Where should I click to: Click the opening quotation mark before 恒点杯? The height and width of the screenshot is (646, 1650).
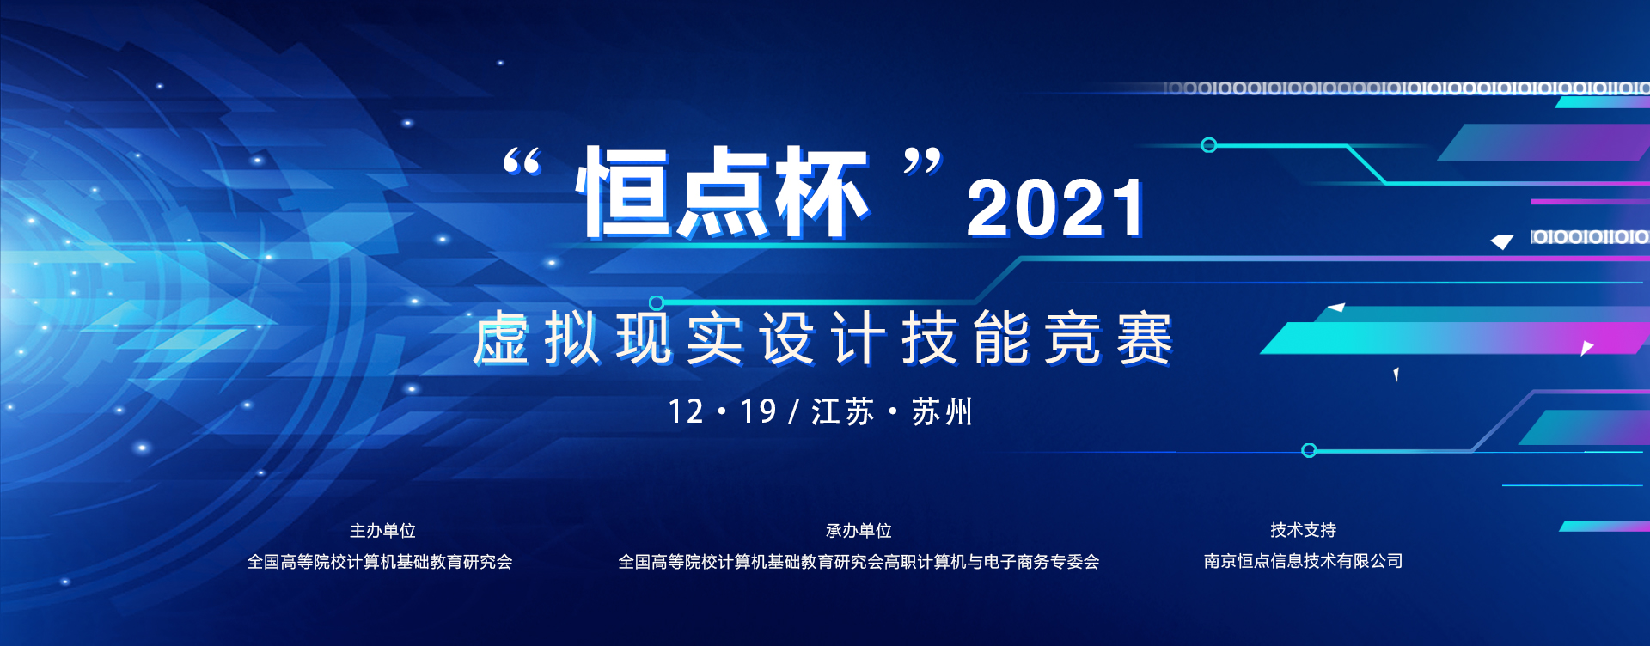click(522, 161)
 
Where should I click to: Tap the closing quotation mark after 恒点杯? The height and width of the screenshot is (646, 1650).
click(922, 161)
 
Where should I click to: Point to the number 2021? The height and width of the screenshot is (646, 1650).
click(1055, 208)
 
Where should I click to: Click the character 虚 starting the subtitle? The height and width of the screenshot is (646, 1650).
click(501, 338)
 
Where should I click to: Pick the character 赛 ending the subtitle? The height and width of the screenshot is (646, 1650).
click(1145, 338)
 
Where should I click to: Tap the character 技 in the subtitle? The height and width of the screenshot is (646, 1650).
click(930, 338)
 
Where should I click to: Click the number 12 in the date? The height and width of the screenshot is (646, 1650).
click(686, 412)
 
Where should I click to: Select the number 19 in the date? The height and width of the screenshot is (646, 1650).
click(758, 412)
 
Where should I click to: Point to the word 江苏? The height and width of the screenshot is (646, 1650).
click(842, 412)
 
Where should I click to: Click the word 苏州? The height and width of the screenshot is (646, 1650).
click(942, 412)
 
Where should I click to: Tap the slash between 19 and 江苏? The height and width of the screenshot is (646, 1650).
click(793, 412)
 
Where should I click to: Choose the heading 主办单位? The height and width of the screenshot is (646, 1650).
click(382, 531)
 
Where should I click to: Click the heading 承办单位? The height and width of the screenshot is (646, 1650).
click(859, 531)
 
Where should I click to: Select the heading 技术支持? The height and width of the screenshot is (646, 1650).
click(1303, 530)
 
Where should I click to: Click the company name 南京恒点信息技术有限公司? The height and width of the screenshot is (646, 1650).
click(1303, 561)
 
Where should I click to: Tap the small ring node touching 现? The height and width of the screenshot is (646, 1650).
click(657, 302)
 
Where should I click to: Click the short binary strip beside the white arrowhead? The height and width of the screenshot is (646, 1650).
click(1590, 236)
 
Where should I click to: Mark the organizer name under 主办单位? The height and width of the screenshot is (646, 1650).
click(380, 562)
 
